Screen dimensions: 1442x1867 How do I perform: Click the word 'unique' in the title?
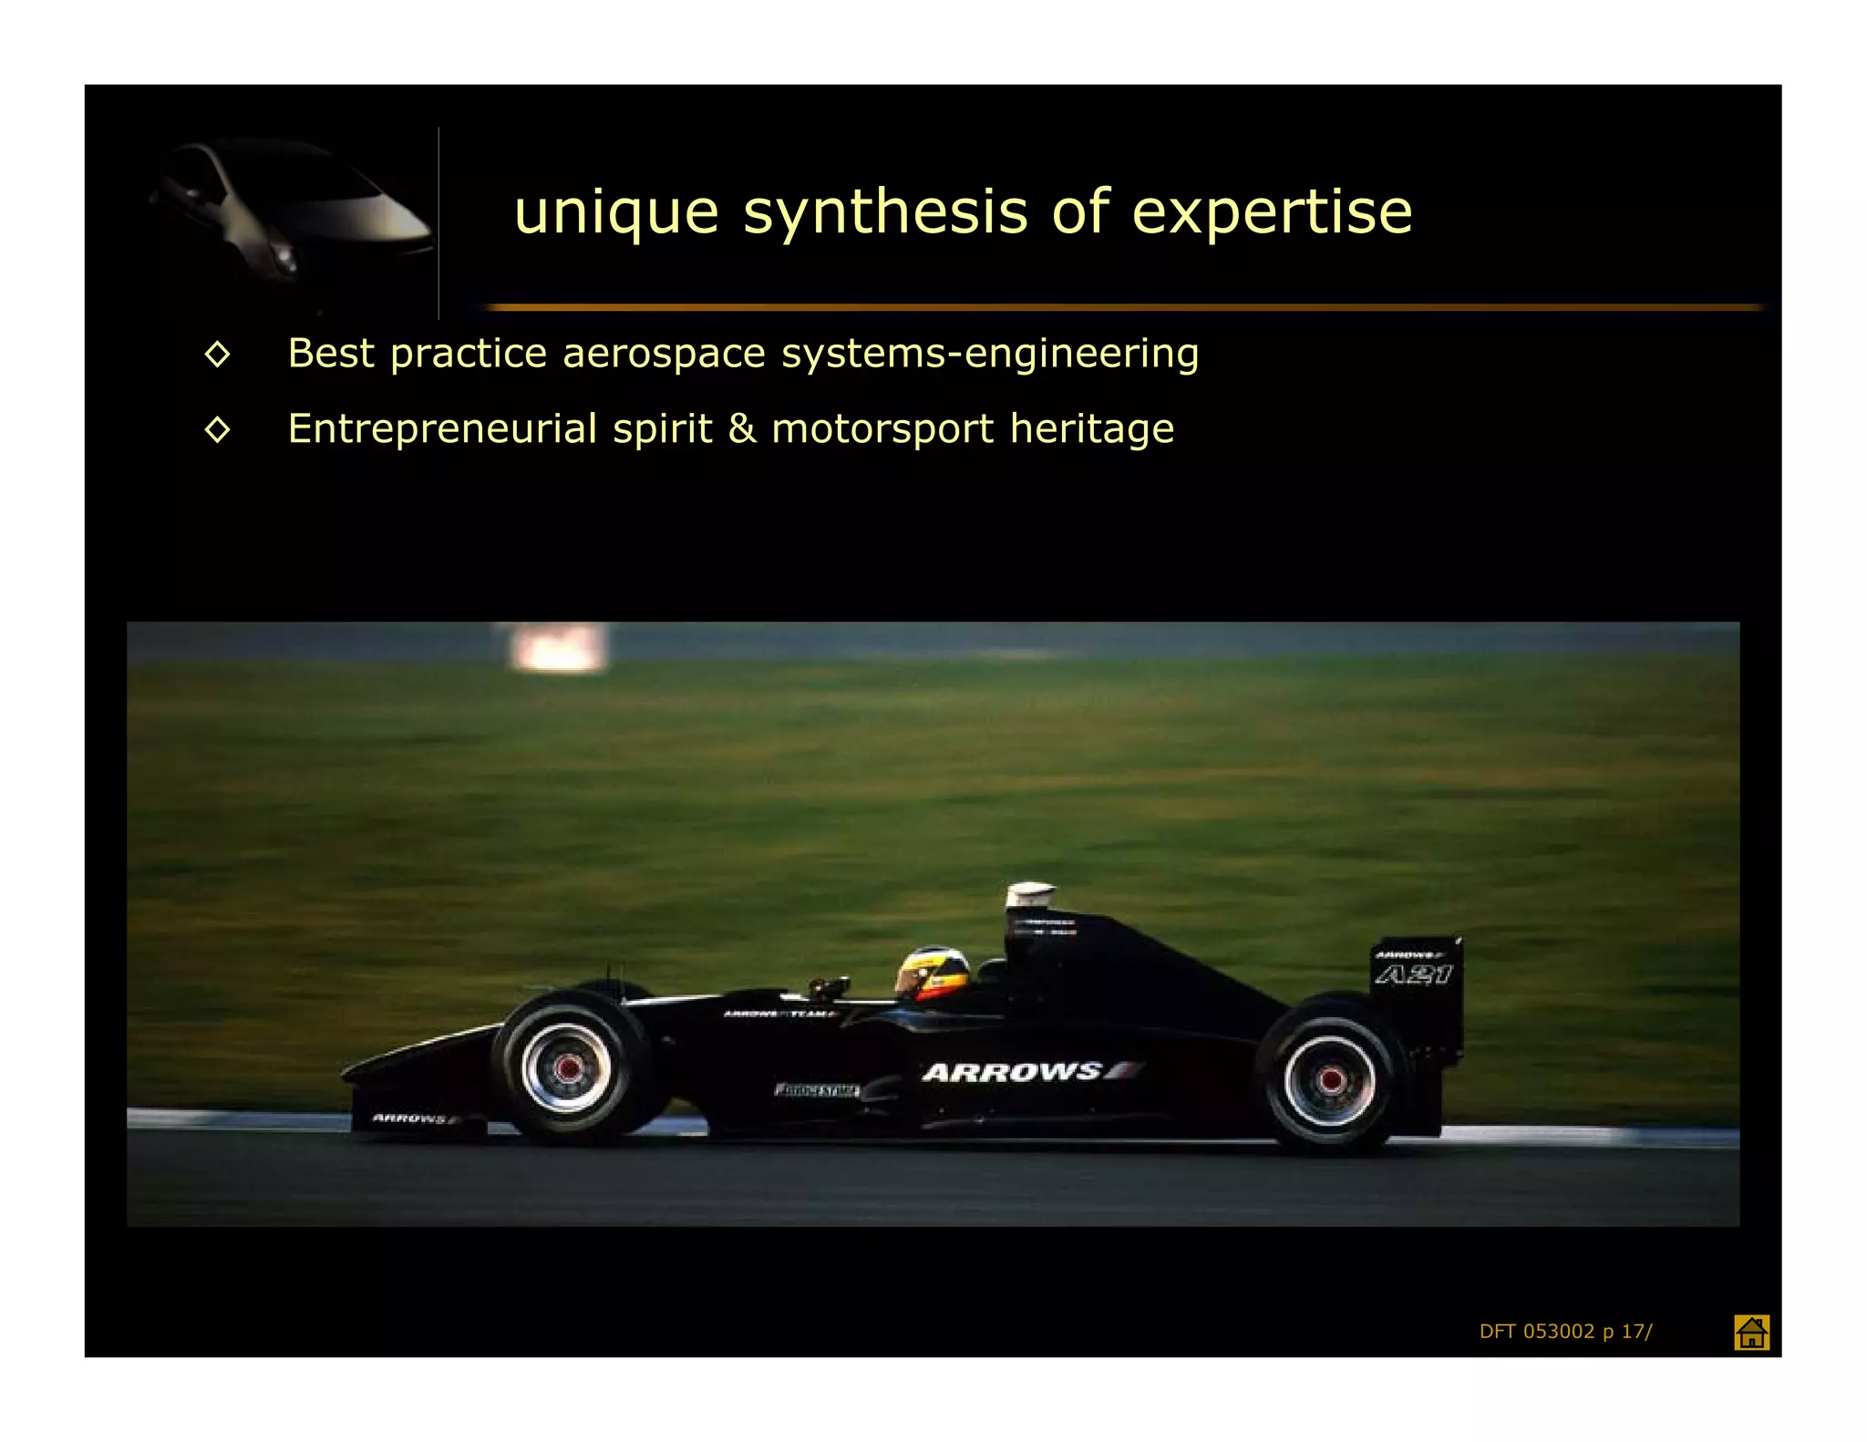click(x=616, y=213)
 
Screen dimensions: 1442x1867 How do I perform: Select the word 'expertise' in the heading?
click(x=1272, y=213)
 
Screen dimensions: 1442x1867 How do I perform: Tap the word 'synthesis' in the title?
click(x=885, y=213)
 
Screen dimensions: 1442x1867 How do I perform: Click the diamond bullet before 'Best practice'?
click(x=217, y=354)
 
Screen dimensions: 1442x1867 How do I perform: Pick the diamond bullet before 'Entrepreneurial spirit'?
click(x=217, y=428)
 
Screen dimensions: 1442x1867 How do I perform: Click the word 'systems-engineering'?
click(x=990, y=354)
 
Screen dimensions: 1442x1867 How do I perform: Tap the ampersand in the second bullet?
click(x=742, y=428)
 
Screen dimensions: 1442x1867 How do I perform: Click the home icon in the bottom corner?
click(x=1751, y=1332)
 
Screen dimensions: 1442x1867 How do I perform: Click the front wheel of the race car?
click(x=567, y=1066)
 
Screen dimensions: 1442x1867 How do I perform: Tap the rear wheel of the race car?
click(x=1329, y=1080)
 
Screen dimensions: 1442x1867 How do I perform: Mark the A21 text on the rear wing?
click(x=1413, y=974)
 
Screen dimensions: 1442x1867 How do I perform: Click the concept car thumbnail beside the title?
click(x=290, y=219)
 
